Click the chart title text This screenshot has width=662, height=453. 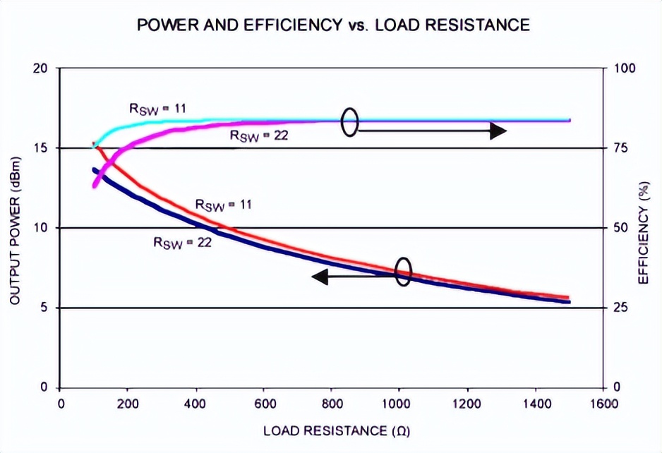(333, 25)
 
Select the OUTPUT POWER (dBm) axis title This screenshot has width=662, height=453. (15, 227)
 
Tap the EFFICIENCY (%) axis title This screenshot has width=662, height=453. (643, 227)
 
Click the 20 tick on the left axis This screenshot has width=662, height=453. (40, 68)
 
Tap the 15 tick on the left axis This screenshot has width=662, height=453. (40, 148)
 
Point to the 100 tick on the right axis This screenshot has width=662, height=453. (627, 68)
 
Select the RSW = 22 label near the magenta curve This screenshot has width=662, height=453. (259, 135)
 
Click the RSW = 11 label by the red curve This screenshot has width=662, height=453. (223, 205)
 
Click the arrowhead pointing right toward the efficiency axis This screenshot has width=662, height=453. (498, 131)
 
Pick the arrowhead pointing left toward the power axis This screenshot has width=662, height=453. (320, 277)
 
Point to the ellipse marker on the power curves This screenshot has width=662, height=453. (403, 271)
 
